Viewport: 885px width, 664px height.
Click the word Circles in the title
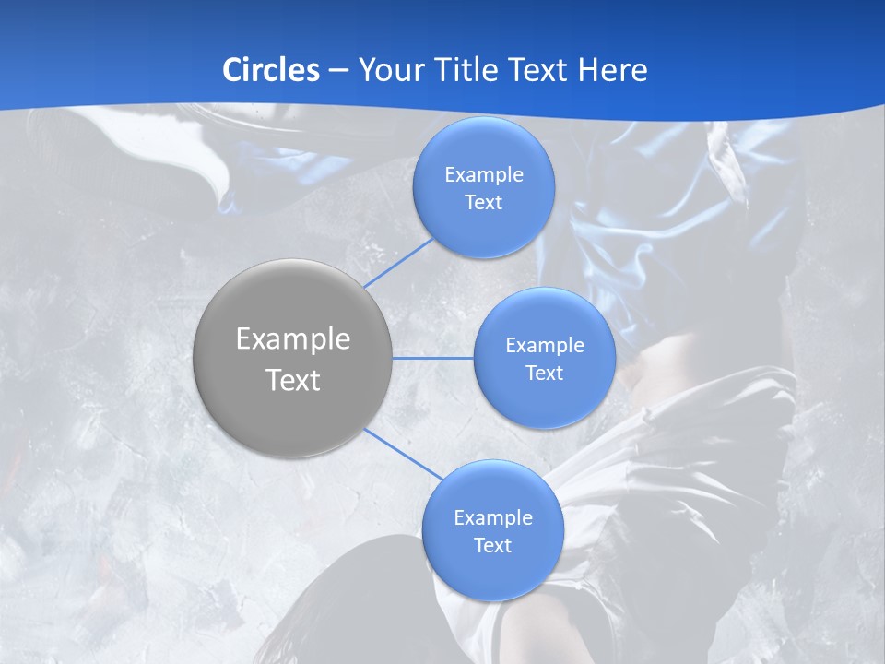point(270,70)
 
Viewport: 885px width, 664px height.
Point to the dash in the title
point(338,71)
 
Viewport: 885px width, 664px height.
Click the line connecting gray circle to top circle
point(400,263)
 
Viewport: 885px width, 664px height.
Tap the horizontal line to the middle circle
point(433,358)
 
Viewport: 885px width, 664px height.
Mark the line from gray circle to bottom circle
point(403,455)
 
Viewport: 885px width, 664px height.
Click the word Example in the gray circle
point(293,339)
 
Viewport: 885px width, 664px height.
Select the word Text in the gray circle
point(293,380)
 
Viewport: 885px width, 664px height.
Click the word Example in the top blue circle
point(483,175)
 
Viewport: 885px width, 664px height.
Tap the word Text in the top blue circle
point(483,203)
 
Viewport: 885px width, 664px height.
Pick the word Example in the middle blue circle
point(544,346)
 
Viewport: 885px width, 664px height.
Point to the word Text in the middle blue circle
point(544,373)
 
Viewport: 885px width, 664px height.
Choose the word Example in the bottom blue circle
point(492,518)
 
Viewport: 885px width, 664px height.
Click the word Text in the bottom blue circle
point(492,546)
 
